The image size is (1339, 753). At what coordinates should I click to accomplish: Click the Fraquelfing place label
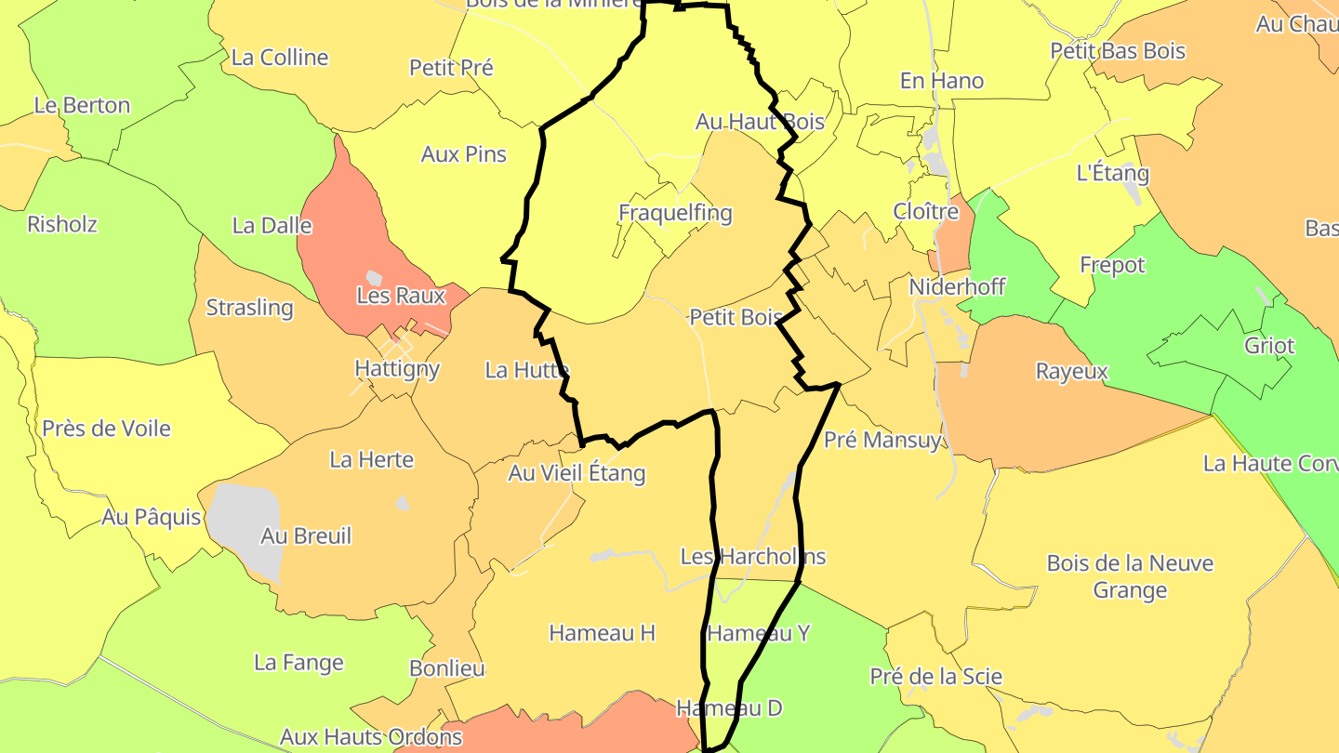[675, 213]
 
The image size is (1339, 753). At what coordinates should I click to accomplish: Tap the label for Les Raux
[401, 296]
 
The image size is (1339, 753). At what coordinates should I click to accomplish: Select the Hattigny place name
[397, 368]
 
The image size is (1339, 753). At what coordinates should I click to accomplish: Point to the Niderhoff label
[957, 286]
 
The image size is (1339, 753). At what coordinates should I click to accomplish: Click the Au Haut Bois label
[760, 122]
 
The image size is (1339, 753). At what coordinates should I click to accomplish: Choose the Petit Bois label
[736, 317]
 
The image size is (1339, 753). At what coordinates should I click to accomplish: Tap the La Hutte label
[526, 370]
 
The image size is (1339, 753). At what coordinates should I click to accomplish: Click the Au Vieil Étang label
[577, 473]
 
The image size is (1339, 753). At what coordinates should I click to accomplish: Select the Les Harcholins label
[753, 557]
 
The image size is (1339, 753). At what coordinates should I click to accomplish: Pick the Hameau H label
[602, 633]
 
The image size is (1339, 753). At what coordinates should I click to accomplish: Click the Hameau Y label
[759, 633]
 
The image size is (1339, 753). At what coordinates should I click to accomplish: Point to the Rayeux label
[1072, 372]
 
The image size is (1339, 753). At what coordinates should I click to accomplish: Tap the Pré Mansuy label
[882, 439]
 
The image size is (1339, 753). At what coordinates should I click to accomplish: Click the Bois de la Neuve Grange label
[1130, 576]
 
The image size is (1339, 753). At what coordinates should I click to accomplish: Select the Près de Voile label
[106, 429]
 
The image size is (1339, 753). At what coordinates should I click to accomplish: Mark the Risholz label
[62, 224]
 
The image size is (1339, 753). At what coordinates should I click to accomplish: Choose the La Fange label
[298, 663]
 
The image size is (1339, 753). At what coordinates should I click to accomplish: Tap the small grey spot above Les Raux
[374, 277]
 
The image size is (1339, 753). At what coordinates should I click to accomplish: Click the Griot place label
[1269, 346]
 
